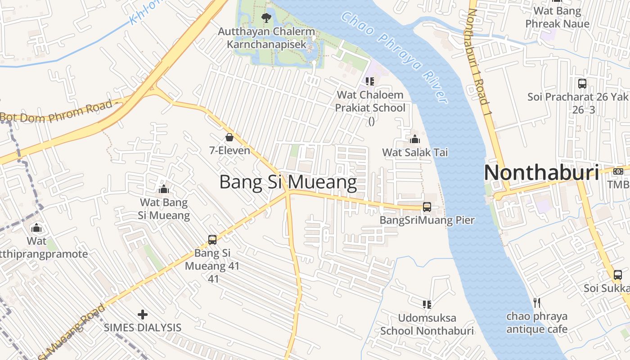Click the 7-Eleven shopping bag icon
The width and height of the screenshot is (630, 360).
click(229, 137)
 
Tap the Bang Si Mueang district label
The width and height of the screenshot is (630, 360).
click(288, 182)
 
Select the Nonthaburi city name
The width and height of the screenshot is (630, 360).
click(541, 173)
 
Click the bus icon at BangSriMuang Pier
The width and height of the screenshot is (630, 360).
click(427, 207)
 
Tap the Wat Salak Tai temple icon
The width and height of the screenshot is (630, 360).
click(415, 139)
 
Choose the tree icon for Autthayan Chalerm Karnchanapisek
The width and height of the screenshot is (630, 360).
click(266, 18)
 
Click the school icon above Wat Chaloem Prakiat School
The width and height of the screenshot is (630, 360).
click(370, 81)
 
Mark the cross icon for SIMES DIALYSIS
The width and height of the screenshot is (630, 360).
click(143, 314)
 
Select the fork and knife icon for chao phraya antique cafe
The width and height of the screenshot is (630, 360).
click(536, 302)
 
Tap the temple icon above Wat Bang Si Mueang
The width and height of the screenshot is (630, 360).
click(164, 189)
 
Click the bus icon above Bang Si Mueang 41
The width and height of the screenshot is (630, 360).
click(212, 240)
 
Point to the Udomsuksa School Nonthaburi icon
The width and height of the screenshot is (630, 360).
click(427, 305)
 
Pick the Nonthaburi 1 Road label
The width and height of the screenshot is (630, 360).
click(478, 58)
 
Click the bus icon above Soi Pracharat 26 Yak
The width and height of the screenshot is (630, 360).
click(582, 84)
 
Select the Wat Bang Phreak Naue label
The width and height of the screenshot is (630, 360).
click(557, 17)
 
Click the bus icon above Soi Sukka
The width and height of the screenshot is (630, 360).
click(618, 274)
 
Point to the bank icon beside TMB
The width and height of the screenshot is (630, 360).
click(618, 171)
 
